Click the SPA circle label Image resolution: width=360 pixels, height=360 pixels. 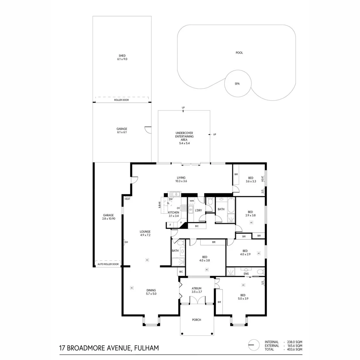tap(237, 84)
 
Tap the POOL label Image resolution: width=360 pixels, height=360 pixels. tap(239, 53)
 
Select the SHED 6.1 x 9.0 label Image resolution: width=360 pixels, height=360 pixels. tap(122, 57)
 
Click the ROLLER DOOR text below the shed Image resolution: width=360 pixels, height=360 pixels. tap(122, 100)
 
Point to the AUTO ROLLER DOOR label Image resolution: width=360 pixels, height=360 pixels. tap(108, 264)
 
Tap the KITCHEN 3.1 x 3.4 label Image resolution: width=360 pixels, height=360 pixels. tap(174, 214)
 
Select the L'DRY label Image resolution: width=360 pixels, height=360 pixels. tap(198, 210)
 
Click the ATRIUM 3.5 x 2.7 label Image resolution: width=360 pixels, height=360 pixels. tap(197, 290)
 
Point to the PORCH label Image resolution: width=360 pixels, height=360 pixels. tap(197, 320)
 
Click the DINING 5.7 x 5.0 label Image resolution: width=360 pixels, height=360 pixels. tap(151, 292)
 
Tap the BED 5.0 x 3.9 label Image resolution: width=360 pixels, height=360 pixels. tap(243, 297)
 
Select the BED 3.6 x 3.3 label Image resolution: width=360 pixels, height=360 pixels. tap(250, 179)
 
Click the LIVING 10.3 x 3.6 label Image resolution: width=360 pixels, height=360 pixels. tap(181, 179)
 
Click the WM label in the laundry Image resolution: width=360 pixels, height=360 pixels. tap(191, 201)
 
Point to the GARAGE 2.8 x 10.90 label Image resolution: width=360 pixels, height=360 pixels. tap(109, 217)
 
